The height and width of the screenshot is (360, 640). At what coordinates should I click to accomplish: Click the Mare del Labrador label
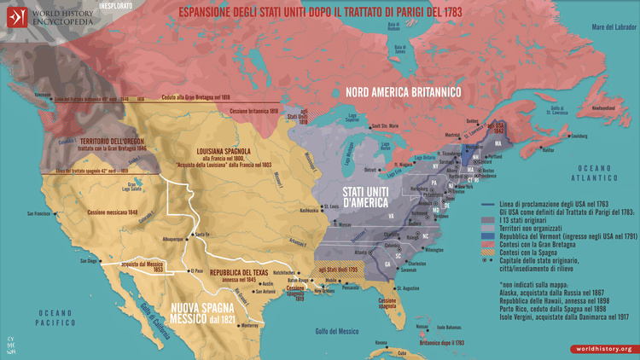pos(608,28)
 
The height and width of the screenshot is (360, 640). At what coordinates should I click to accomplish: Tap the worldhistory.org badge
pos(602,348)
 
